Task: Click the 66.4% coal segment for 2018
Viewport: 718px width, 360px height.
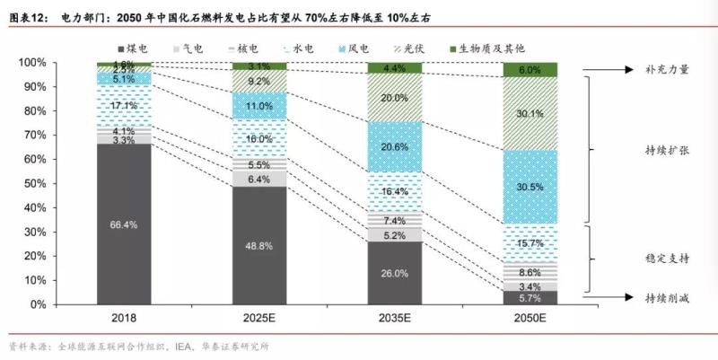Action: coord(124,224)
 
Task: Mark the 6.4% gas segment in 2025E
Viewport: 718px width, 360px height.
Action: coord(259,179)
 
